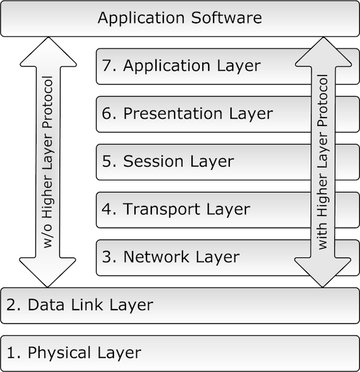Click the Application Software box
click(180, 18)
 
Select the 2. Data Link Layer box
click(180, 305)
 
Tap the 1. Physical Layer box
click(180, 353)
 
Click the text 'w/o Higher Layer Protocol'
click(49, 162)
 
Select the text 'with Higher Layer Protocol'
click(323, 162)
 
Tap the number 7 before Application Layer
click(107, 66)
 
